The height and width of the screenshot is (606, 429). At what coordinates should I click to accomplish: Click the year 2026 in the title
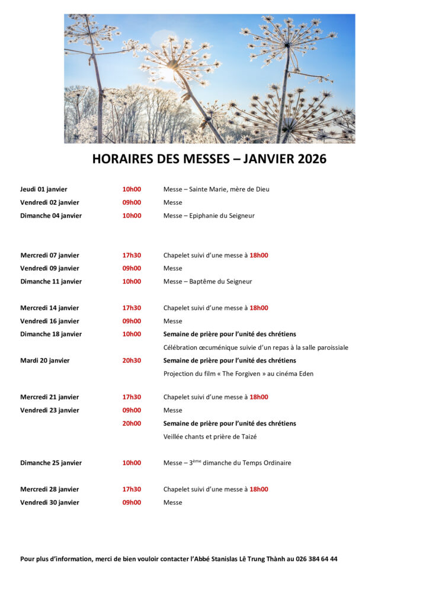312,159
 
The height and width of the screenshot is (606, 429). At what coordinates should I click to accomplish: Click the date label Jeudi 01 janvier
44,189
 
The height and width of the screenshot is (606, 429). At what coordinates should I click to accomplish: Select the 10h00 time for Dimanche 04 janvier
132,215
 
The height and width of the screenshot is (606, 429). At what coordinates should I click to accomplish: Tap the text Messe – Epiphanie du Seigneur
209,215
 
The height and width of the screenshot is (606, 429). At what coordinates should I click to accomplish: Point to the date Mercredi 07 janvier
50,255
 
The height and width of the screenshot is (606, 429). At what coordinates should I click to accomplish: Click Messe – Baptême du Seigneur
207,282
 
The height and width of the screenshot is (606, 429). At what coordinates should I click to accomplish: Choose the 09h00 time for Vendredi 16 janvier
132,321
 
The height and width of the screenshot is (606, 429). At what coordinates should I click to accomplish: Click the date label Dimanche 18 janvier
51,334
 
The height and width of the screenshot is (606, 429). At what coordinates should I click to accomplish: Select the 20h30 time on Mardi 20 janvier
132,360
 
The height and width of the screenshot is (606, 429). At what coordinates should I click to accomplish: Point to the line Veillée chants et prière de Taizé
210,437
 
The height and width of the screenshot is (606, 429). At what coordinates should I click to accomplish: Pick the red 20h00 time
132,423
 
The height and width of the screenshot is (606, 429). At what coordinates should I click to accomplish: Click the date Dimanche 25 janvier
51,463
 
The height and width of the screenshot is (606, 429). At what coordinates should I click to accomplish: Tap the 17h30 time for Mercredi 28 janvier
132,489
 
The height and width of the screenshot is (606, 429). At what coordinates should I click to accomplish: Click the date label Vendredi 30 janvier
50,502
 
